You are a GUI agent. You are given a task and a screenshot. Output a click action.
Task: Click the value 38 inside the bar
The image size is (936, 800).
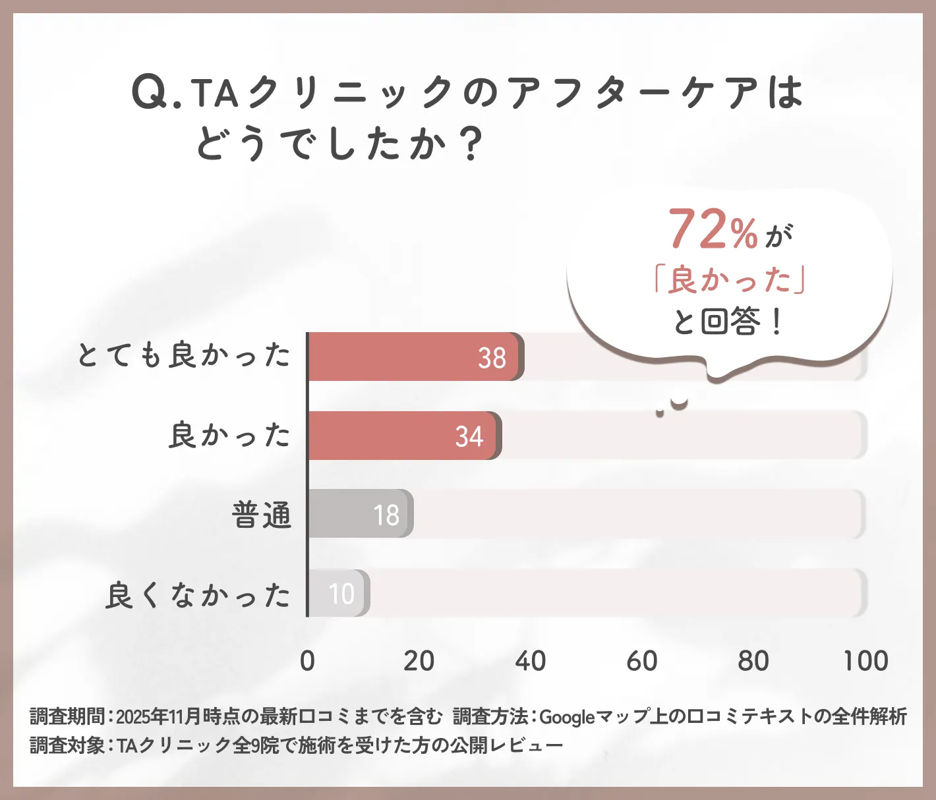492,358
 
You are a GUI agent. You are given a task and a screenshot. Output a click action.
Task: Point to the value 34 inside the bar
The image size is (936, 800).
469,436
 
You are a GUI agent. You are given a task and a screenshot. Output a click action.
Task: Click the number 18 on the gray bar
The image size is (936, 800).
386,515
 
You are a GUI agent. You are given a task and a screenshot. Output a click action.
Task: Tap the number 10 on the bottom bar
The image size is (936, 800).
341,594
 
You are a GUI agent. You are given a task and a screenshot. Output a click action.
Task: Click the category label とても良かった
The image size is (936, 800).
184,355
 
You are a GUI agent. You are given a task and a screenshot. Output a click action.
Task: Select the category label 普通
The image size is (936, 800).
262,515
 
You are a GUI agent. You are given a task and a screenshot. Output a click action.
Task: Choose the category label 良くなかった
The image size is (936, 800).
198,595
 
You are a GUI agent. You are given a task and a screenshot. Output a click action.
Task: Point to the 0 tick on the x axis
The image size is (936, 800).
307,661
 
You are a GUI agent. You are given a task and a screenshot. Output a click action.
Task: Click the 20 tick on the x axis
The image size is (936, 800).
419,661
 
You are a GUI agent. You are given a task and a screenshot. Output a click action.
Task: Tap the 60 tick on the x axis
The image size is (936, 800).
642,661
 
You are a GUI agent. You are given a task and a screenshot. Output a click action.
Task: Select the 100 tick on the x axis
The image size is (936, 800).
866,661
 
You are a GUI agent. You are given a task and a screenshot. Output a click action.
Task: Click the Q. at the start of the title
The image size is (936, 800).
156,93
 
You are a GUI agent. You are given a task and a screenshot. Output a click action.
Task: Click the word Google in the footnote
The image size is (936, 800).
567,716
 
